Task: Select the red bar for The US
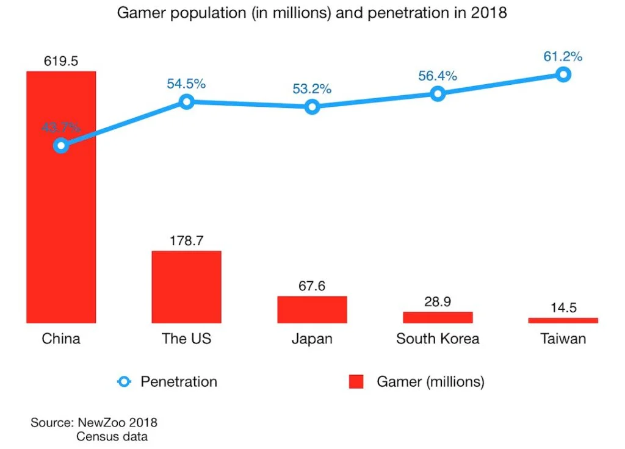pyautogui.click(x=186, y=287)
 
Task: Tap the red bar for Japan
pyautogui.click(x=312, y=309)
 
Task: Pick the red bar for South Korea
pyautogui.click(x=438, y=317)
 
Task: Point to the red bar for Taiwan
pyautogui.click(x=563, y=320)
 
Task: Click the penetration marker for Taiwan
pyautogui.click(x=563, y=74)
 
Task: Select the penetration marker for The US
pyautogui.click(x=186, y=101)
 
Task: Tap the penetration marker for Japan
pyautogui.click(x=312, y=107)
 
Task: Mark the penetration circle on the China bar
pyautogui.click(x=60, y=145)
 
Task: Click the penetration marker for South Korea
pyautogui.click(x=438, y=93)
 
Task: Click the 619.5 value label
pyautogui.click(x=60, y=61)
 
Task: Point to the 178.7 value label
pyautogui.click(x=186, y=241)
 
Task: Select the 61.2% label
pyautogui.click(x=563, y=57)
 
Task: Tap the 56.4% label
pyautogui.click(x=438, y=76)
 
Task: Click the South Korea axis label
pyautogui.click(x=438, y=339)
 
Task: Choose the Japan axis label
pyautogui.click(x=312, y=339)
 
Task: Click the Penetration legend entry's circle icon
pyautogui.click(x=124, y=382)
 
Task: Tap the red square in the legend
pyautogui.click(x=356, y=382)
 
